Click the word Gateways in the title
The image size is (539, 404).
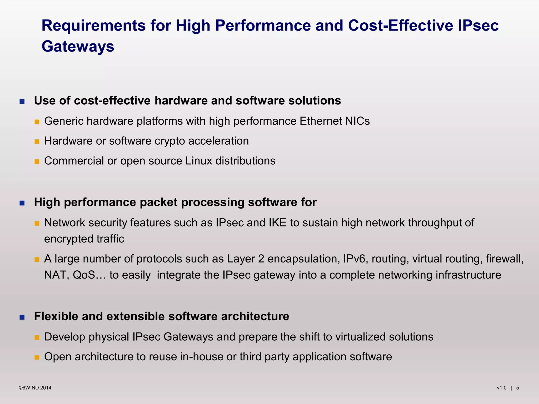pyautogui.click(x=78, y=47)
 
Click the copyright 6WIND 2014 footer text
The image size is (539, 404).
pyautogui.click(x=35, y=388)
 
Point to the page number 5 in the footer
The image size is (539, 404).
pyautogui.click(x=517, y=388)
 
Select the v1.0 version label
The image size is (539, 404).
pyautogui.click(x=502, y=388)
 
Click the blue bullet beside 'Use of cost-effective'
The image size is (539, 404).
pyautogui.click(x=22, y=102)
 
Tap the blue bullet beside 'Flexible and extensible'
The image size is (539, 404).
pyautogui.click(x=22, y=317)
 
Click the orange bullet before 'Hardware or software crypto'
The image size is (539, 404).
pyautogui.click(x=37, y=142)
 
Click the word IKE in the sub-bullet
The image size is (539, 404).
pyautogui.click(x=277, y=223)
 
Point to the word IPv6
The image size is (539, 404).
pyautogui.click(x=354, y=259)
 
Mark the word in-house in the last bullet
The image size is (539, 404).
pyautogui.click(x=202, y=357)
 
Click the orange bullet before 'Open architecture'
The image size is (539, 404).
pyautogui.click(x=37, y=357)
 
